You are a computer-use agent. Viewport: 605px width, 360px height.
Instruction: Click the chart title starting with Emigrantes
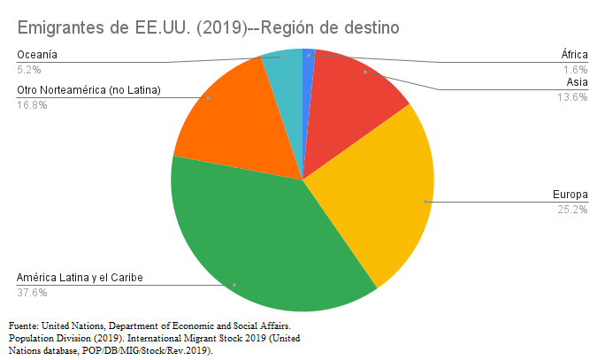tap(208, 27)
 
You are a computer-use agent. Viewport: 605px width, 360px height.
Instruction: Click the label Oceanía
tap(37, 55)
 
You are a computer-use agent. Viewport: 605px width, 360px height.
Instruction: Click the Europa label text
tap(570, 195)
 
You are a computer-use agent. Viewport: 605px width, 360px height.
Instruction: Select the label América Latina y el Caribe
tap(80, 278)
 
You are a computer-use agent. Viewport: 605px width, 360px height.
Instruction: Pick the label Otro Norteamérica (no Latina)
tap(89, 89)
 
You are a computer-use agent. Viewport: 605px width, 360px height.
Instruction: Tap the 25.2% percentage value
tap(573, 210)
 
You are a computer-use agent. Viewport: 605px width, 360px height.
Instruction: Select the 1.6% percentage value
tap(576, 70)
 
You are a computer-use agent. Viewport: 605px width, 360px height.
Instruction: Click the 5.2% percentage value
tap(29, 70)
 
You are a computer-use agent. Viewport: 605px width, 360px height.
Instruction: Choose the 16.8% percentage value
tap(32, 104)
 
